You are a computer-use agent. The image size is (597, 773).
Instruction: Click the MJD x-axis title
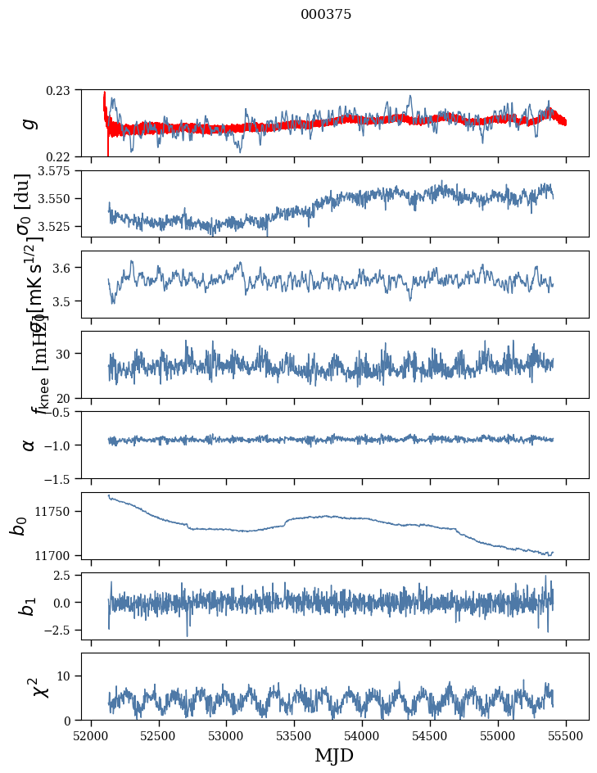(334, 756)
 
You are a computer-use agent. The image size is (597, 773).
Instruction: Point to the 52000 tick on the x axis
(91, 735)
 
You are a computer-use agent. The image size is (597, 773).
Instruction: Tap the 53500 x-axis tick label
(295, 735)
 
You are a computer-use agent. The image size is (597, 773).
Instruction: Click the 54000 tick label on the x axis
(363, 735)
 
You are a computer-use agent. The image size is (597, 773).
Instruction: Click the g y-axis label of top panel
(29, 123)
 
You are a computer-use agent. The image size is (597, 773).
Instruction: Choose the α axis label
(29, 444)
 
